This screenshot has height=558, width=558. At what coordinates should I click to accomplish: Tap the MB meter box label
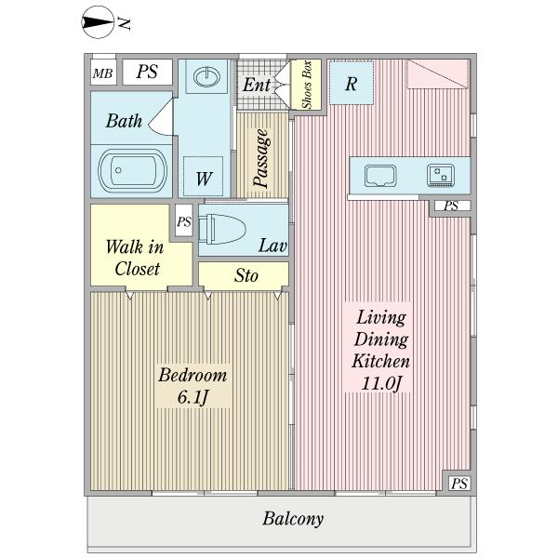point(102,73)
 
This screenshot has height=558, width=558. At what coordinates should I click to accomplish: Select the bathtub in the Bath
point(132,170)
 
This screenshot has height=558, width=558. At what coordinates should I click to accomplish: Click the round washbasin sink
point(206,76)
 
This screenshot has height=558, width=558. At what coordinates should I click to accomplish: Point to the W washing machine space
point(203,176)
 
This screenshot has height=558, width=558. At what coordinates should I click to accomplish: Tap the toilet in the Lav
point(222,229)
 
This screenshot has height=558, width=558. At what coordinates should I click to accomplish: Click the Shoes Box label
point(306,85)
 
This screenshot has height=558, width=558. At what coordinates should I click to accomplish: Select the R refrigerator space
point(352,83)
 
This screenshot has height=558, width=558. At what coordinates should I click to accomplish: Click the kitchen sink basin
point(380,176)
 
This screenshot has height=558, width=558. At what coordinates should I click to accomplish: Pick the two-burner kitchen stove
point(441,175)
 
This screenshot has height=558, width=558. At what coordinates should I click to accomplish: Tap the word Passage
point(261,158)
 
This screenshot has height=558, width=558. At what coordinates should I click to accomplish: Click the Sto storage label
point(246,275)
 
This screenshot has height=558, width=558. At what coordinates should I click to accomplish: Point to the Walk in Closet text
point(135,258)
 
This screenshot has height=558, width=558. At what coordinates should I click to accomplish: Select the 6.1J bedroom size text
point(193,397)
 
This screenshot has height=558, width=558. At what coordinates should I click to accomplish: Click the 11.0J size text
point(381,383)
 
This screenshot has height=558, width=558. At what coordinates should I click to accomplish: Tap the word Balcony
point(293,519)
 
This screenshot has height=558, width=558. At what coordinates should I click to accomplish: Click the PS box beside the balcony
point(459,483)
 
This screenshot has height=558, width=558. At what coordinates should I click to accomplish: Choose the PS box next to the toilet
point(184,221)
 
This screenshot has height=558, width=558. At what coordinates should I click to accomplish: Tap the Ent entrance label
point(257,85)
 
